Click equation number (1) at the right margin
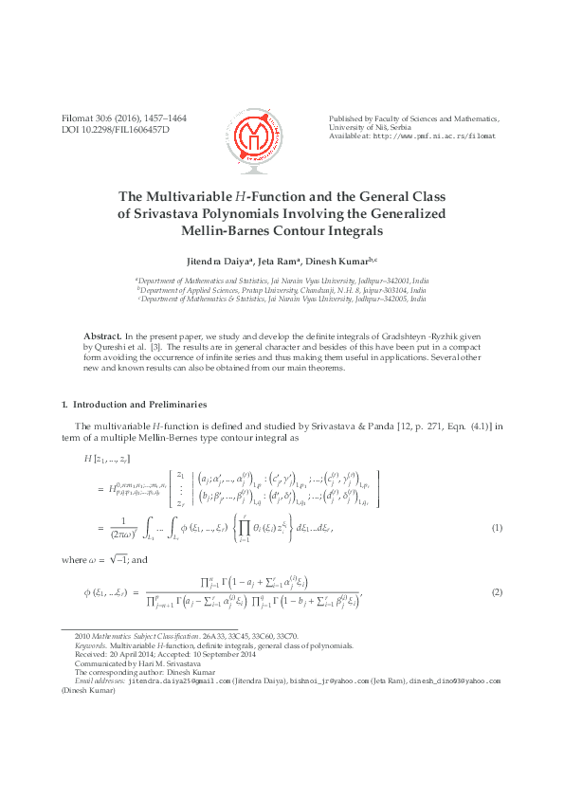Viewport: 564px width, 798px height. [496, 527]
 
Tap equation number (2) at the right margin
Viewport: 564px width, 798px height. [496, 592]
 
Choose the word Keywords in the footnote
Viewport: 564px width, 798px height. [79, 645]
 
